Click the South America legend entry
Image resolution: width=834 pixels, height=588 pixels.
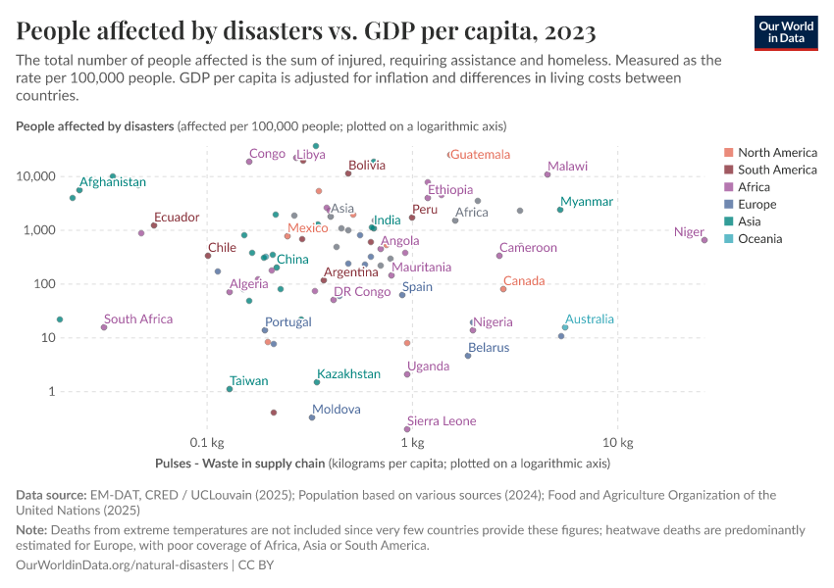click(776, 170)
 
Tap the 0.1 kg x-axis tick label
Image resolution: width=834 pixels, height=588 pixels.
click(206, 442)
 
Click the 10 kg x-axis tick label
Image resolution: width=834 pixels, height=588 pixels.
click(617, 442)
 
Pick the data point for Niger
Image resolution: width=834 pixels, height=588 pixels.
click(704, 240)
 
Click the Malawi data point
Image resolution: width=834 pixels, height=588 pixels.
click(547, 174)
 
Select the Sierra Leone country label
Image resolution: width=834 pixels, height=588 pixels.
click(442, 421)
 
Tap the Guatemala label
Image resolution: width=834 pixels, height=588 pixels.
click(481, 155)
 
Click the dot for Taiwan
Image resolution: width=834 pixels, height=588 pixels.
click(230, 389)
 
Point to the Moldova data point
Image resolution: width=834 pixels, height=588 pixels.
click(312, 417)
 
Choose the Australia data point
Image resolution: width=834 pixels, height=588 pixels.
click(565, 327)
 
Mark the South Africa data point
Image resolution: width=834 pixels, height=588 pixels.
click(104, 327)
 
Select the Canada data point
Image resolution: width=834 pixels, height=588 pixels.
click(503, 289)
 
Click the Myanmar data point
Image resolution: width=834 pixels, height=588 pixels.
click(560, 210)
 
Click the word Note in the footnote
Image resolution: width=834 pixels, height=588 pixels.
click(30, 530)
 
